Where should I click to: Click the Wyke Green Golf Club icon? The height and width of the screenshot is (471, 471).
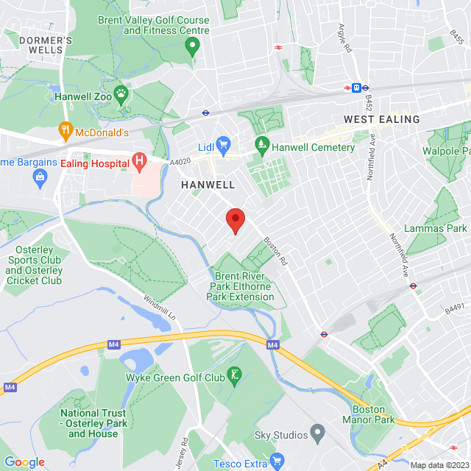click(x=234, y=376)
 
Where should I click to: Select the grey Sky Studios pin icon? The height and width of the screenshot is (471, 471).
click(x=317, y=431)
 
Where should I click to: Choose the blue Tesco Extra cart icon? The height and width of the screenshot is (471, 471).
click(x=277, y=461)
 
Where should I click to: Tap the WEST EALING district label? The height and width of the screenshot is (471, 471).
click(x=381, y=119)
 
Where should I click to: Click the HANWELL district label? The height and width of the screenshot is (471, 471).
click(x=208, y=185)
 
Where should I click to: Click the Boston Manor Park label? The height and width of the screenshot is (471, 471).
click(x=368, y=414)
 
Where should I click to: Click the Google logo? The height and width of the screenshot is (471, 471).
click(x=24, y=461)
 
